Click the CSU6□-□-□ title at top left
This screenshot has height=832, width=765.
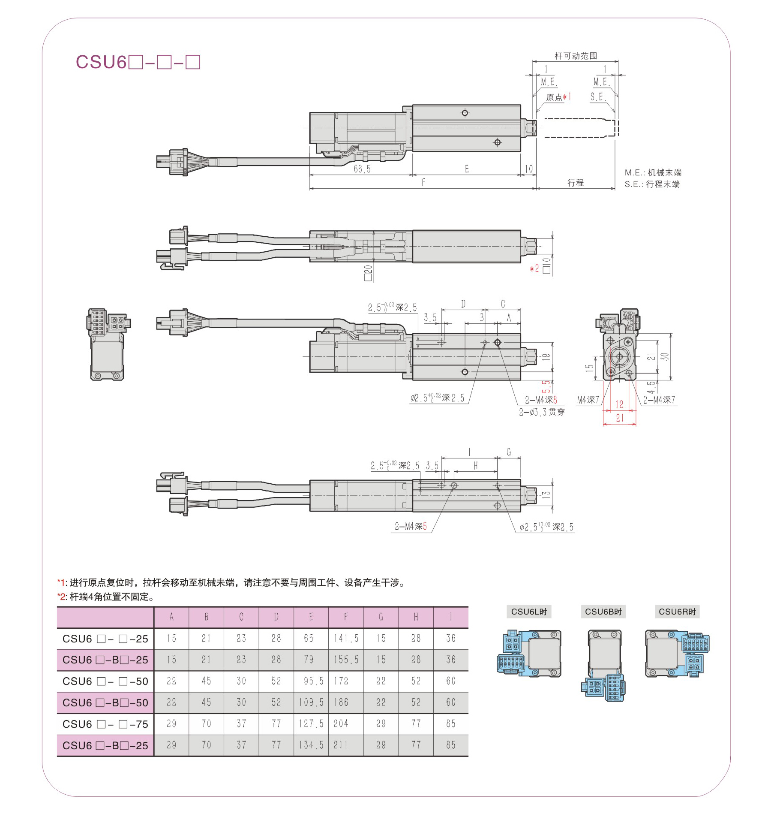click(x=138, y=62)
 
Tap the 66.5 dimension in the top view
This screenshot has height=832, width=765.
click(x=362, y=169)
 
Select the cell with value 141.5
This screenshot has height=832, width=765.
click(x=346, y=639)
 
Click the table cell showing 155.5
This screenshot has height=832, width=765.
click(x=346, y=660)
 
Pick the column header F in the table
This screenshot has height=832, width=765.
click(x=346, y=617)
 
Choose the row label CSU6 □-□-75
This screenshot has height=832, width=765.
click(x=105, y=724)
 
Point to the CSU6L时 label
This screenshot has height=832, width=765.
click(x=529, y=612)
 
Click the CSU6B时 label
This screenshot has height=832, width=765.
click(x=603, y=612)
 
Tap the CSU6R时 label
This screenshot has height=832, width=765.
click(x=677, y=612)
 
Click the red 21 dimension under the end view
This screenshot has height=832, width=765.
click(x=620, y=418)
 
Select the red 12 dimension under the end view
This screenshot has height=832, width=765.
click(x=619, y=404)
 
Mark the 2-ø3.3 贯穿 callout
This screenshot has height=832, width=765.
click(x=542, y=412)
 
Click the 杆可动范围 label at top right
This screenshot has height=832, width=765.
click(x=576, y=56)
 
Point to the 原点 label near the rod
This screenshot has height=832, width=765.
click(x=554, y=97)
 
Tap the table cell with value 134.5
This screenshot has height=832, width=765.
click(x=311, y=745)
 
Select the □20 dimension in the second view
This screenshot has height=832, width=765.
click(x=368, y=273)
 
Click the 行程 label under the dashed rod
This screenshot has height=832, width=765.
click(x=576, y=183)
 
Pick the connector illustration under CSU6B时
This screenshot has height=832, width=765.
click(x=603, y=665)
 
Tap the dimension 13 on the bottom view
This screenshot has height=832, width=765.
click(x=546, y=494)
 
